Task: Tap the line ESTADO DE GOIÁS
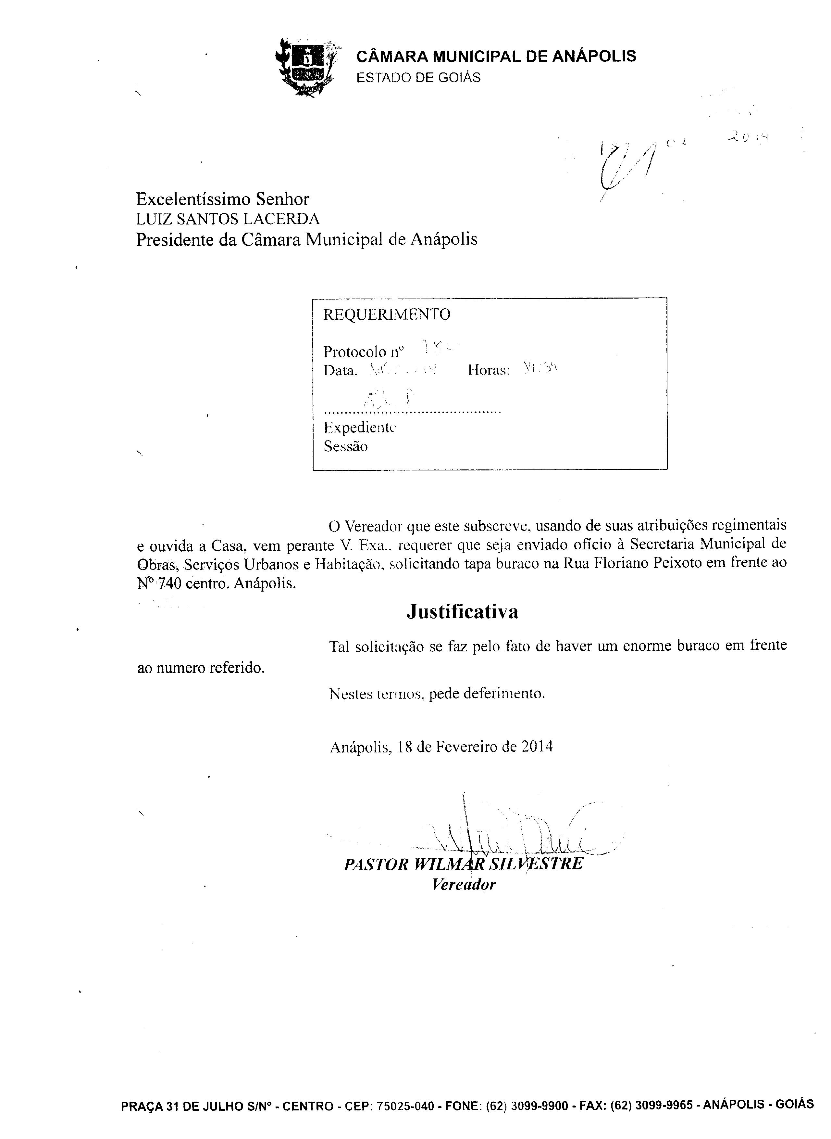pos(418,78)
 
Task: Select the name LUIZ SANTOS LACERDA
pos(227,219)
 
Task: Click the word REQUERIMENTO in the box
pos(386,314)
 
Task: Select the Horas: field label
pos(489,370)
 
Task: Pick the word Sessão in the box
pos(346,446)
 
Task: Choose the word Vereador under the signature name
pos(464,884)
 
